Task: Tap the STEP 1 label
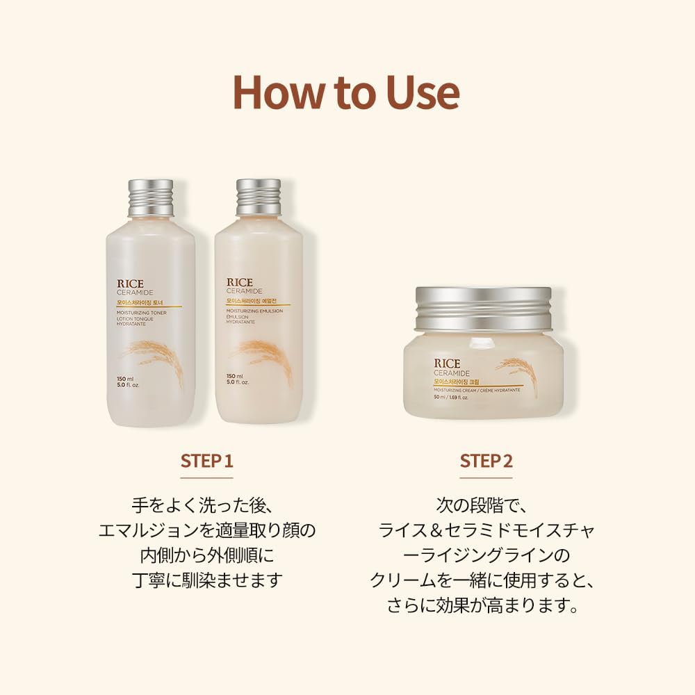[206, 461]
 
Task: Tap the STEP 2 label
[486, 461]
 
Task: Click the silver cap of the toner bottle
[151, 197]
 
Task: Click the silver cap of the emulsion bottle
[259, 197]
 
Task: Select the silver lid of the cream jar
[483, 308]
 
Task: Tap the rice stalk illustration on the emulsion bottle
[268, 356]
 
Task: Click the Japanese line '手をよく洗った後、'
[206, 504]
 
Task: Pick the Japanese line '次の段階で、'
[486, 504]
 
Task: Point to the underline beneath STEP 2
[486, 477]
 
